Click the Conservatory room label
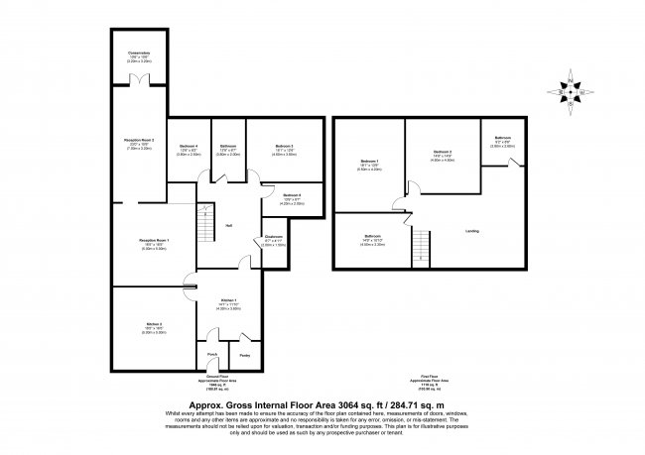point(138,54)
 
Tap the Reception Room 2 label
point(138,141)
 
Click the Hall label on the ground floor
point(228,225)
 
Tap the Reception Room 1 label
point(154,241)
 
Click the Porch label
point(211,355)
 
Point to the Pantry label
point(244,355)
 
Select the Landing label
point(472,231)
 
